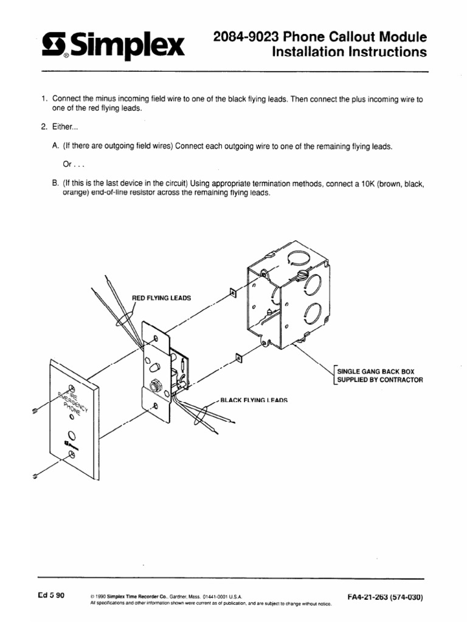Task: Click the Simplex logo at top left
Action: point(113,46)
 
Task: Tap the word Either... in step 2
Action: point(65,128)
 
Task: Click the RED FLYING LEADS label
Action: point(162,298)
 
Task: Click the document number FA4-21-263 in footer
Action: point(384,597)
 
